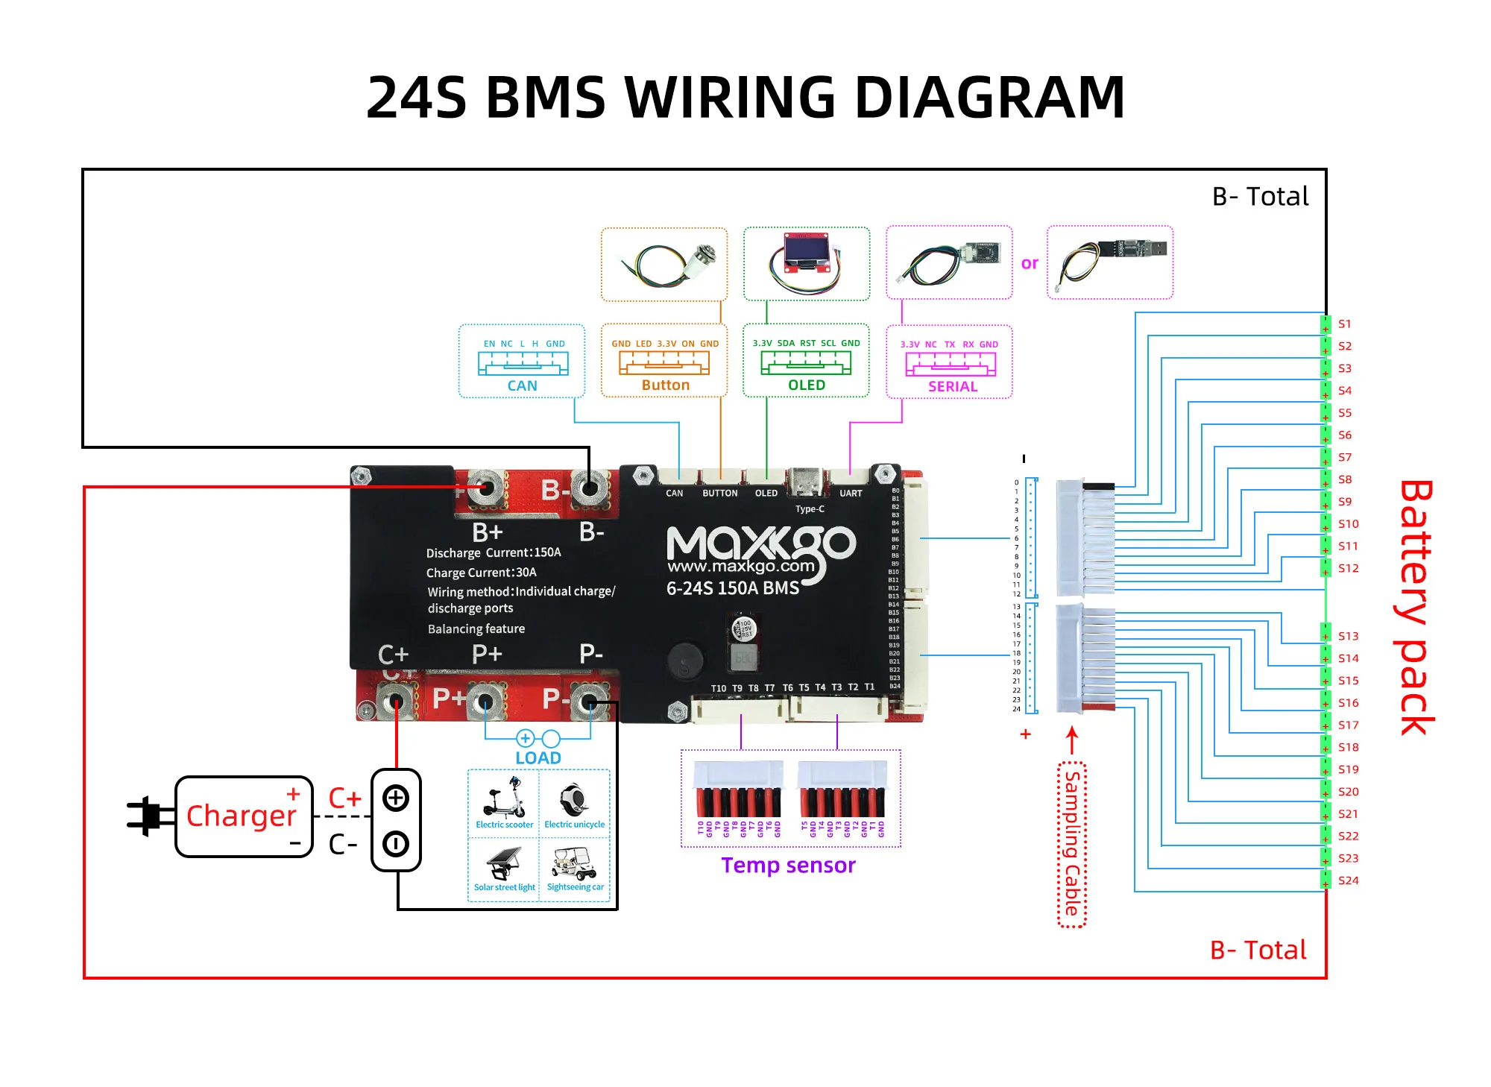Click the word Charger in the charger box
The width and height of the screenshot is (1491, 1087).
[241, 816]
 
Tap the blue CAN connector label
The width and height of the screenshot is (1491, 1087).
[522, 385]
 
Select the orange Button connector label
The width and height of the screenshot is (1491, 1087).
[665, 385]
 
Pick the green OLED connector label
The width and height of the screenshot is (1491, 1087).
[807, 385]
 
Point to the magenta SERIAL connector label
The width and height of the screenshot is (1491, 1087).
[952, 386]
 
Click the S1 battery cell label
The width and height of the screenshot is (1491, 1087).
[1344, 324]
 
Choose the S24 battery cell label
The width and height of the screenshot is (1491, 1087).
[1348, 880]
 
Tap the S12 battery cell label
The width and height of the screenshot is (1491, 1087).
[1348, 568]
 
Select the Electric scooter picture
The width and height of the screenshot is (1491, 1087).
[505, 798]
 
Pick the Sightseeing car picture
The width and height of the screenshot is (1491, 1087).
[575, 865]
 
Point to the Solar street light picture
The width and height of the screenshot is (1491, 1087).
[505, 864]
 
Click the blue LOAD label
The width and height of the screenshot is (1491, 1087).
[538, 757]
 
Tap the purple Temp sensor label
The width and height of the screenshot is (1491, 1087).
[788, 865]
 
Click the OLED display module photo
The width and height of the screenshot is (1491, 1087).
[805, 262]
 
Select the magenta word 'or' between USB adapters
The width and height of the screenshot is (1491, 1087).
[1030, 263]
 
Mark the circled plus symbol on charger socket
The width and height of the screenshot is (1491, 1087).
[395, 798]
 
